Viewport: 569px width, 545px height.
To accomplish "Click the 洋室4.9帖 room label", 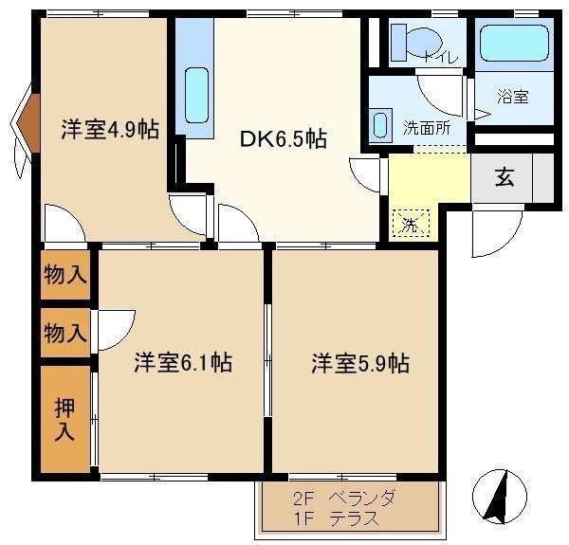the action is coord(110,129).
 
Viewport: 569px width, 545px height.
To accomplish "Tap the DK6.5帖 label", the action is coord(284,138).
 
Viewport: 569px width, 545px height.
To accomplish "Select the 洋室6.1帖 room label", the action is coord(183,362).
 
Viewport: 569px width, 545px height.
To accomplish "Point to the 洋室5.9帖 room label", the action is coord(360,363).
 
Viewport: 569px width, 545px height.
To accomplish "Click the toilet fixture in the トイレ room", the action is coord(416,42).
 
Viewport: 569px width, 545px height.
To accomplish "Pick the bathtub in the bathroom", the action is coord(514,43).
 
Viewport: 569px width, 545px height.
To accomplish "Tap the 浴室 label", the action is coord(513,97).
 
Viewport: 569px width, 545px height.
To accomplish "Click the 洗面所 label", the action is coord(427,128).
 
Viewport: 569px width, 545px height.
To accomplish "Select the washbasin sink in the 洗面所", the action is coord(380,125).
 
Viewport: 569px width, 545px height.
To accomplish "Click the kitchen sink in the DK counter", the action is coord(196,96).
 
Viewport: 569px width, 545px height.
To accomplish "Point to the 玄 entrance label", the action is coord(505,177).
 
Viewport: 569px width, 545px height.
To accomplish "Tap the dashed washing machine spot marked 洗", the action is coord(412,224).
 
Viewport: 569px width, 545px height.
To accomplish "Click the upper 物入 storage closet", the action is coord(65,275).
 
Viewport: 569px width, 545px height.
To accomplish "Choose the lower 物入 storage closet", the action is coord(65,333).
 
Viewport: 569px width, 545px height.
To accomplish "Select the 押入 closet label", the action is coord(64,419).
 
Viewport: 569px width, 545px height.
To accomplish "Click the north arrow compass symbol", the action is coord(500,497).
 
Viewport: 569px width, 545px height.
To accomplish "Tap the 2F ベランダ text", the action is coord(343,498).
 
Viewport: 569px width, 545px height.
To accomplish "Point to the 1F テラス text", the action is coord(336,518).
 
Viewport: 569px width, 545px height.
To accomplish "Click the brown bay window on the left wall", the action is coord(29,123).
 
